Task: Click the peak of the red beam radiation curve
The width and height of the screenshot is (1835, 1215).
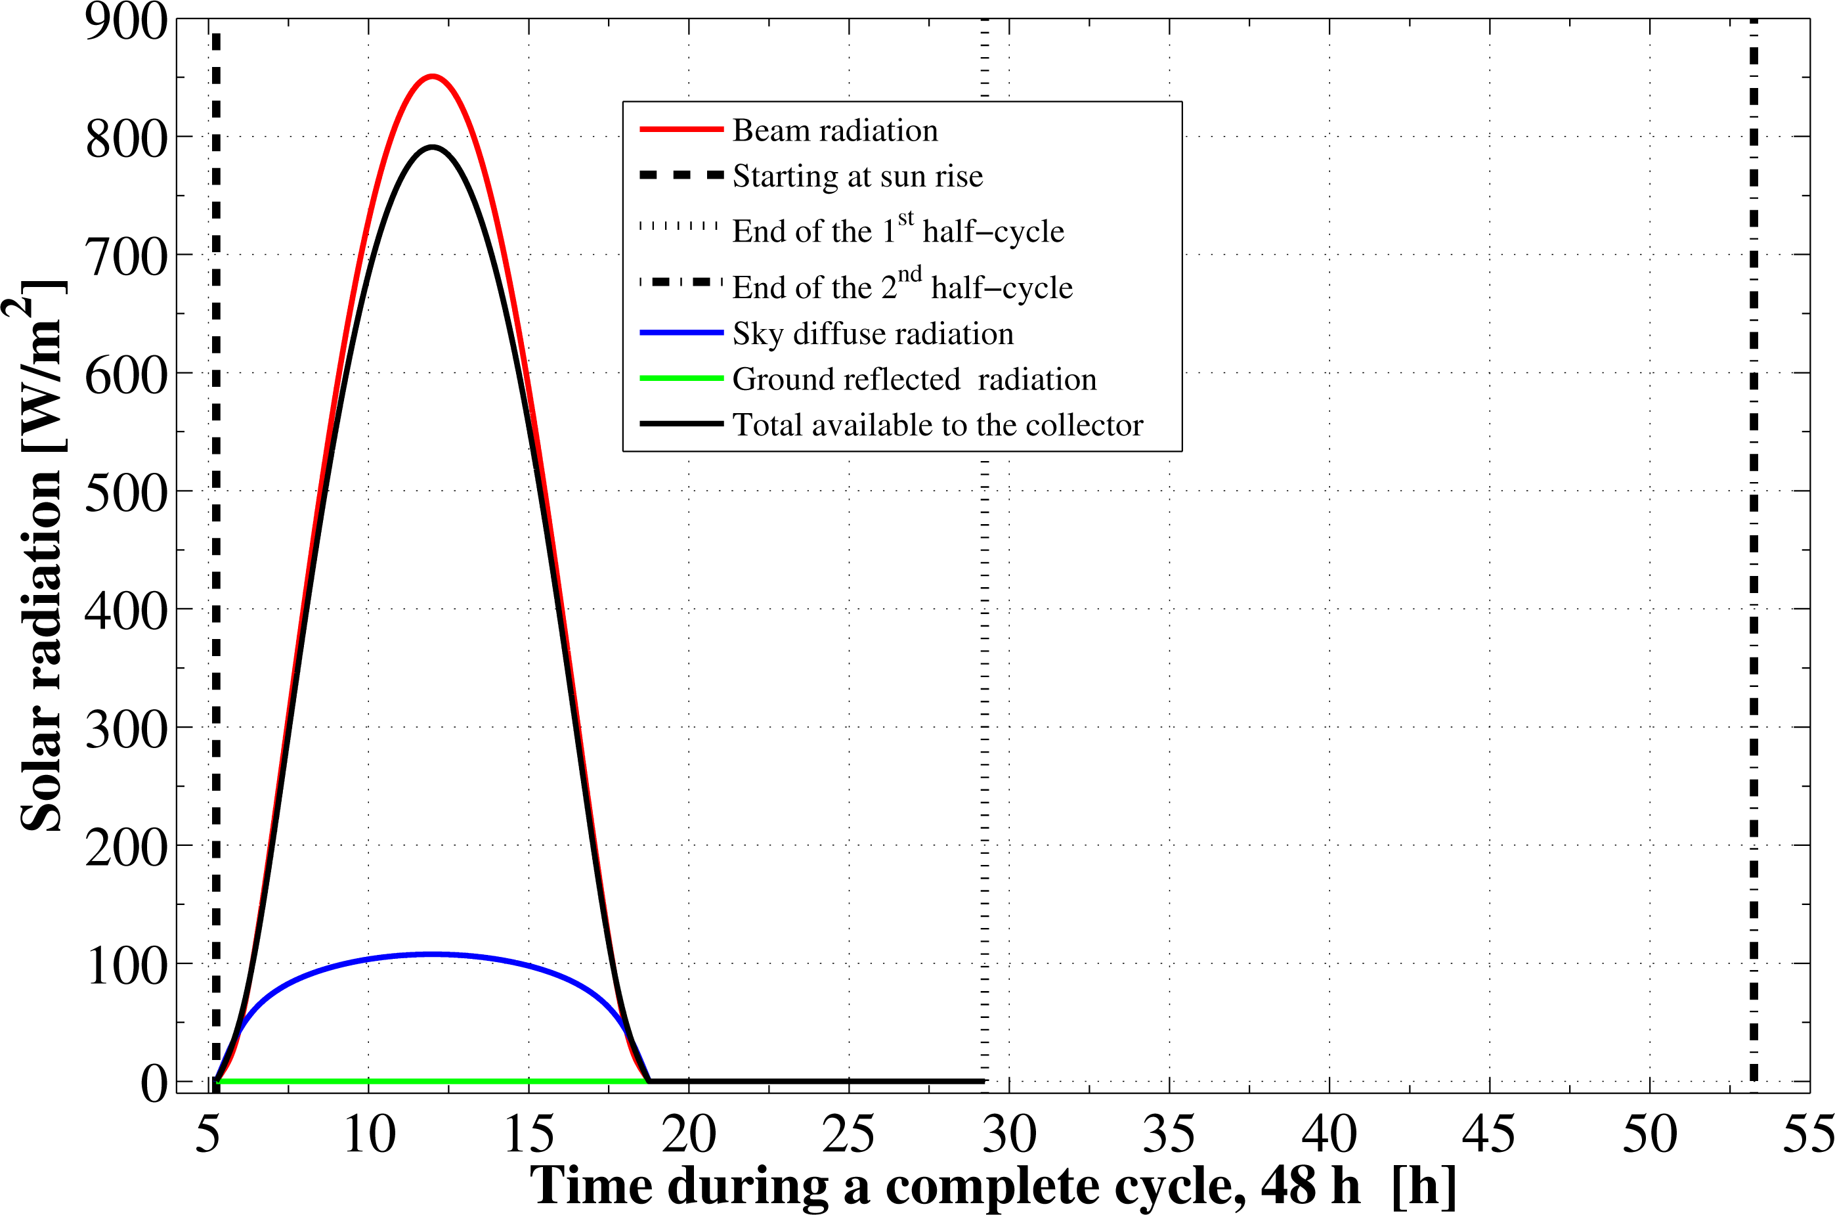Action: click(x=433, y=76)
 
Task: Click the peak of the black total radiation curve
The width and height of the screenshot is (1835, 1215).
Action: click(x=433, y=147)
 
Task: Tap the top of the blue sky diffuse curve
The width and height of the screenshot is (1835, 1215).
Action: click(x=433, y=954)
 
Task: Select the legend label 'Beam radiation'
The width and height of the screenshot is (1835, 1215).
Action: click(x=835, y=130)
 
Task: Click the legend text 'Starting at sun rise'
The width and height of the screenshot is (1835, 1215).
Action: click(x=857, y=176)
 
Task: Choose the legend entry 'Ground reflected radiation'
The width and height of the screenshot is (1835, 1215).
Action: click(x=914, y=379)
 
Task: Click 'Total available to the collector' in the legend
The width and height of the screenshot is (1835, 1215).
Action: click(x=938, y=425)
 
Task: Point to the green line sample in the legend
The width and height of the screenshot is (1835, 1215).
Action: click(x=681, y=378)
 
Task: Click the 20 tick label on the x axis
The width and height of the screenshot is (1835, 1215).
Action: click(x=689, y=1134)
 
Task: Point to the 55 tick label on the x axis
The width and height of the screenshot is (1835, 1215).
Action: click(x=1808, y=1134)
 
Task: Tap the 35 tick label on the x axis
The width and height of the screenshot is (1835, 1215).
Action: click(x=1169, y=1134)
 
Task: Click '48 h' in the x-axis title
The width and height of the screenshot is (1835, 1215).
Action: click(x=1309, y=1185)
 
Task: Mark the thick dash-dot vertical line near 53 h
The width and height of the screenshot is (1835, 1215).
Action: click(x=1754, y=542)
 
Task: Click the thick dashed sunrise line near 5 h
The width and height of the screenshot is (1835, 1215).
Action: click(x=216, y=542)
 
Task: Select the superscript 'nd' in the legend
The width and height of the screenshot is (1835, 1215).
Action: click(x=909, y=275)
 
